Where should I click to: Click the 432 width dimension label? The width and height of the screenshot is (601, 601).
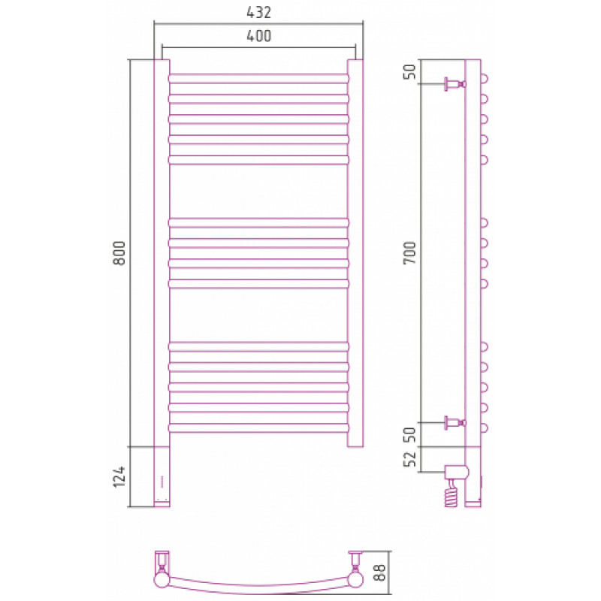click(x=258, y=13)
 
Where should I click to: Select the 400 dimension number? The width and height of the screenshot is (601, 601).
click(x=258, y=36)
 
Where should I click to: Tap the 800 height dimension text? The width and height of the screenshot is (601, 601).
click(x=119, y=253)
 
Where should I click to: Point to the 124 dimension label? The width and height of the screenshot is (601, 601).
click(x=119, y=476)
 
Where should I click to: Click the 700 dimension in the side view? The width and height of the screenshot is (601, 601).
click(x=409, y=252)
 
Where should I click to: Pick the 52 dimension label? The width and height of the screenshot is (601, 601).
click(x=409, y=459)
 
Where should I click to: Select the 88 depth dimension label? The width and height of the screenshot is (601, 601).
click(x=379, y=572)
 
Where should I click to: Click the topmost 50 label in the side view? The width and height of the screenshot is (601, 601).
click(x=409, y=71)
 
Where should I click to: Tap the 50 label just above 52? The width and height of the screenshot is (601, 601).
click(x=409, y=435)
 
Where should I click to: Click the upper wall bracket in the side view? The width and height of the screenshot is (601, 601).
click(x=455, y=84)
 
